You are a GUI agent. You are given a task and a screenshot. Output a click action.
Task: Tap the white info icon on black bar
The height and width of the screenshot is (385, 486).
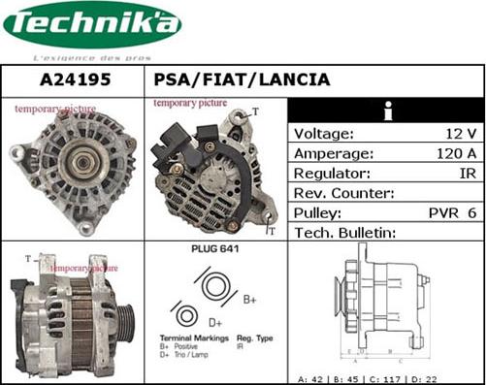[386, 111]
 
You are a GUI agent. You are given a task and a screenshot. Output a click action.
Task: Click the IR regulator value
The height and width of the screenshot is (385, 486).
[467, 173]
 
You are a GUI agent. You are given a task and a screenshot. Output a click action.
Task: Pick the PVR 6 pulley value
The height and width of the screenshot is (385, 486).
[452, 212]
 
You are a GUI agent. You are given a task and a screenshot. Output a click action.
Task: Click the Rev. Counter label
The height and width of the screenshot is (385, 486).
[341, 193]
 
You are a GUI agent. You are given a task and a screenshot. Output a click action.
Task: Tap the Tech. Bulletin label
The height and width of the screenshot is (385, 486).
[345, 233]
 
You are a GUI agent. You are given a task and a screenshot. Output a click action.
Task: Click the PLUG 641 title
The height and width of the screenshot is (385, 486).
[216, 250]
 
